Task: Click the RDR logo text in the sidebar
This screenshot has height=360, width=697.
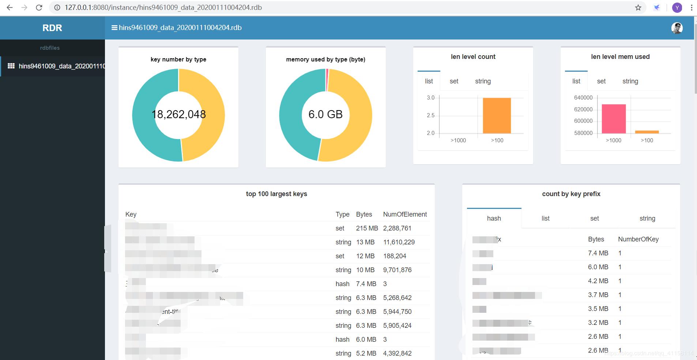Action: point(52,28)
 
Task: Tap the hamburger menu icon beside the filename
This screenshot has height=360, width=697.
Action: point(114,28)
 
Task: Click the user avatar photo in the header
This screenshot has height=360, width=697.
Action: point(677,28)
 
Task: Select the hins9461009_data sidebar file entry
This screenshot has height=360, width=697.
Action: point(57,66)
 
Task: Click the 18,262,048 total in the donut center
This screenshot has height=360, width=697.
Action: point(178,115)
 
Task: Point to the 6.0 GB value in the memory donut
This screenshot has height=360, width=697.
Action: point(325,115)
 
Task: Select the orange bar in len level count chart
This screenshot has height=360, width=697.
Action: point(497,116)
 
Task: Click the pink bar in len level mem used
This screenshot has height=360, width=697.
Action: point(614,119)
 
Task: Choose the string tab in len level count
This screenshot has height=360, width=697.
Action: point(483,81)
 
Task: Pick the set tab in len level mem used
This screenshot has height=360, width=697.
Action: point(601,81)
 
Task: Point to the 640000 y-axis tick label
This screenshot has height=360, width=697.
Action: point(583,98)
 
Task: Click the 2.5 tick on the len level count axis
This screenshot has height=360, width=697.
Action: point(430,115)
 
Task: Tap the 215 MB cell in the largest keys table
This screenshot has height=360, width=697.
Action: point(367,228)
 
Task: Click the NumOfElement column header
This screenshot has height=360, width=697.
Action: point(405,214)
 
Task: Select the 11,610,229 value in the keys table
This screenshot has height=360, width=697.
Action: point(399,242)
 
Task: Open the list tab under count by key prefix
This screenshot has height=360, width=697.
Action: point(545,218)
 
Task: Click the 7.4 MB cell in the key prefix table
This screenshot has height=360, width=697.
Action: point(598,253)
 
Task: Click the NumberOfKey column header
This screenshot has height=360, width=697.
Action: point(638,239)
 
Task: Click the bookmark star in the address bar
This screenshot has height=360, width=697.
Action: point(638,8)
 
